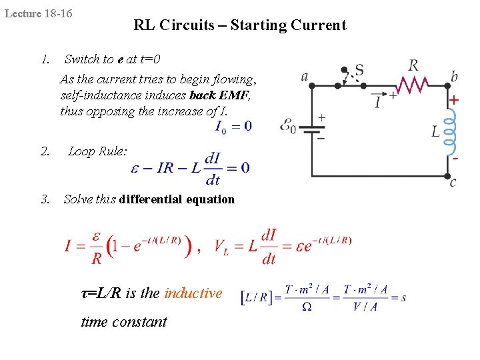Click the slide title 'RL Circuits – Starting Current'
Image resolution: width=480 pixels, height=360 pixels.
(240, 26)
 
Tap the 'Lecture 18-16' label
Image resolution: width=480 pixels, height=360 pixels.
(39, 13)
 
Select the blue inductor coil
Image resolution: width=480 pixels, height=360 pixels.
(450, 129)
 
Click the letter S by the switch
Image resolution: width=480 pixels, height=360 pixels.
(359, 69)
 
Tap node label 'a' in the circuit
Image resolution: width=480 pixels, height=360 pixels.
(305, 77)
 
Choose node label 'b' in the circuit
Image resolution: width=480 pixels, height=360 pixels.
(454, 77)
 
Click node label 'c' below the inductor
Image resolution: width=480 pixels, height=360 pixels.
(453, 182)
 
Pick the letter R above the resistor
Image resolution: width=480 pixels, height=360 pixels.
(413, 65)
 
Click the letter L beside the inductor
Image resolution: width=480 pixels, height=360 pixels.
(435, 131)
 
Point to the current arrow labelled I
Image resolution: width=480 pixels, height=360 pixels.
(378, 100)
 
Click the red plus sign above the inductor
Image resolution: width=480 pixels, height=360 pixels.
(454, 100)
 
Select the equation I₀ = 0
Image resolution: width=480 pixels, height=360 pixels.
(233, 126)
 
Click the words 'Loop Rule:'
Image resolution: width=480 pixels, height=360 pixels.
(97, 151)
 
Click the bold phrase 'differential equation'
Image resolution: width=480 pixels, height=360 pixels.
(177, 199)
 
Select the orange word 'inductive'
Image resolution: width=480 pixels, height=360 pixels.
(193, 293)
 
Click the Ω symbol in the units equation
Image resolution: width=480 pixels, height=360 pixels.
(307, 306)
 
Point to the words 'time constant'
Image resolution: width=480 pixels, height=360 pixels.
(124, 321)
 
